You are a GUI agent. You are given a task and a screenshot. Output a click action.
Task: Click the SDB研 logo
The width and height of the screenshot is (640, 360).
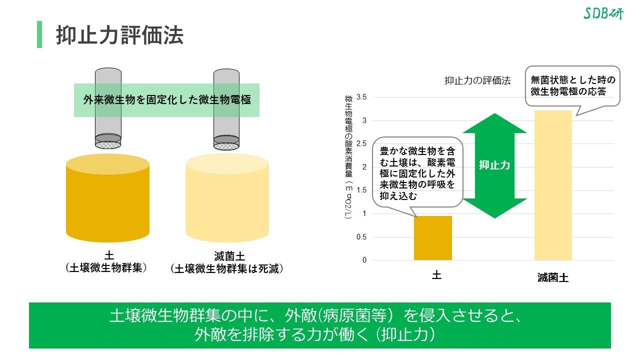(603, 13)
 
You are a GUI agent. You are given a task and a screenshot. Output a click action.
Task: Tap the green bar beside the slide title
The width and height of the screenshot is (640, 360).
(39, 34)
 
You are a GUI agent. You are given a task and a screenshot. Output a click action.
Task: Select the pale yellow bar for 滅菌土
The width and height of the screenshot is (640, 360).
(553, 185)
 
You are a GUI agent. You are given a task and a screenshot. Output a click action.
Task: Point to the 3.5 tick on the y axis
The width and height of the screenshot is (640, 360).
(362, 97)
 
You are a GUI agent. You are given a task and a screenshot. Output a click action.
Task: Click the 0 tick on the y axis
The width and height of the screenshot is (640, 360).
(364, 260)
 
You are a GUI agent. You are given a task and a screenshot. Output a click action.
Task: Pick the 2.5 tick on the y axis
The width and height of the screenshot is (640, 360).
(362, 143)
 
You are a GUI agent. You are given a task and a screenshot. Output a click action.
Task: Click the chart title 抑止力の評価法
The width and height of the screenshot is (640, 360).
(477, 80)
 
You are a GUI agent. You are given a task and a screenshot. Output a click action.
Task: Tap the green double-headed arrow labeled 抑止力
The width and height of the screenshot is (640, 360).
(494, 165)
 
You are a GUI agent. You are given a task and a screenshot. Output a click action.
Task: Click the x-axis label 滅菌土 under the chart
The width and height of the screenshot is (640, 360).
(553, 278)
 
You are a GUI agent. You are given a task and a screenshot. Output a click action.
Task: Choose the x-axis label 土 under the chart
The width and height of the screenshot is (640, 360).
(436, 275)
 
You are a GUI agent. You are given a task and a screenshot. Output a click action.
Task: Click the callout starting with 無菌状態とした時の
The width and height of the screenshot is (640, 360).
(572, 86)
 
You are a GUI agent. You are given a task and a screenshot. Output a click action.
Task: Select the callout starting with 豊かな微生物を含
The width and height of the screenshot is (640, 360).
(417, 173)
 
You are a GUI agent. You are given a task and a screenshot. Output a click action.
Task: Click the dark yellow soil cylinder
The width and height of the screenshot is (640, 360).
(107, 197)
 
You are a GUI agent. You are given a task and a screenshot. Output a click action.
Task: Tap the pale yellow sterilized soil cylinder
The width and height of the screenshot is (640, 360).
(227, 197)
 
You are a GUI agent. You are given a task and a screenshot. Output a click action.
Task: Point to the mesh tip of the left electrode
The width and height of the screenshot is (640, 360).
(108, 144)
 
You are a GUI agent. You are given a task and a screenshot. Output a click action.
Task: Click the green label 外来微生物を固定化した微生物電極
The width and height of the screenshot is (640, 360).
(166, 99)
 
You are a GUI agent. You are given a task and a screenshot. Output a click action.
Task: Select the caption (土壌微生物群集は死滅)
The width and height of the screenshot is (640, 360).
(227, 269)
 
